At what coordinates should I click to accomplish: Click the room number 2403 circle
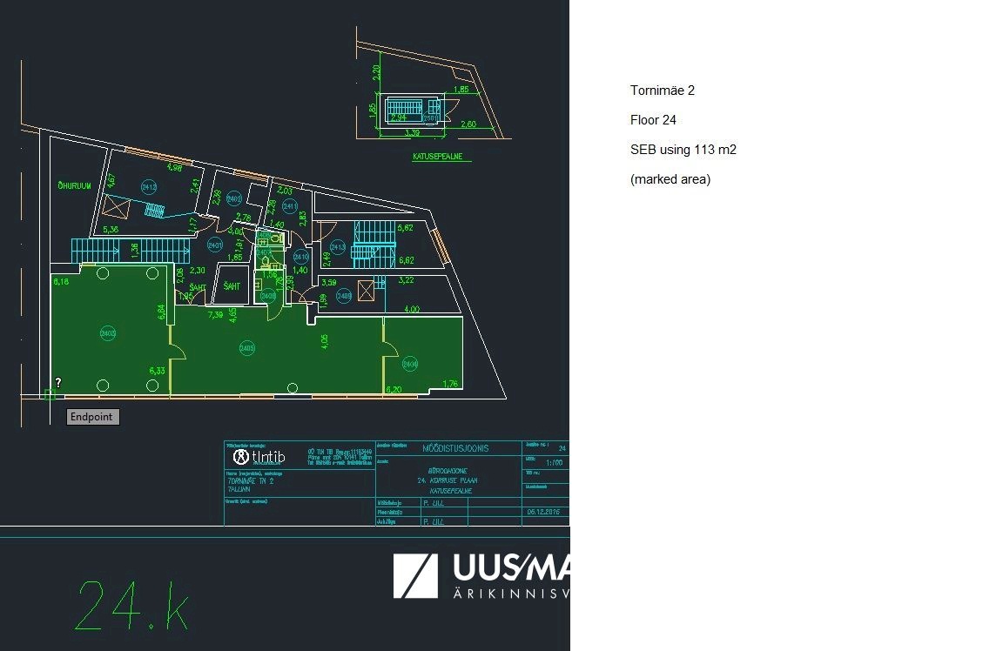pos(108,332)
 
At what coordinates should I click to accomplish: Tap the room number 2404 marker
pos(410,365)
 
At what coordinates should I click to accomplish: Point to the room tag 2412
pos(149,187)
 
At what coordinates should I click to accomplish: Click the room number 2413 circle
pos(339,248)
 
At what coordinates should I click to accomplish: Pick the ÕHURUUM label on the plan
pos(74,185)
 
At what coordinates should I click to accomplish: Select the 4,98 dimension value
pos(173,167)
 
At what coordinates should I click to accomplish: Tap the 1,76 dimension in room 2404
pos(450,384)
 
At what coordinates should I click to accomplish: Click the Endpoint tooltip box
pos(93,417)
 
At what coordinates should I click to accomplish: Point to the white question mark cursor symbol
pos(58,382)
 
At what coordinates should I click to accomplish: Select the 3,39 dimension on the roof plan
pos(413,133)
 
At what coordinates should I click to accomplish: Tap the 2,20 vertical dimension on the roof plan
pos(376,74)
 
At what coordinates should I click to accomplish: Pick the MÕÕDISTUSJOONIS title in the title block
pos(454,449)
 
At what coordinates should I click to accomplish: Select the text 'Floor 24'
pos(653,120)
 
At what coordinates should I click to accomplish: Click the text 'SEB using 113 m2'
pos(683,150)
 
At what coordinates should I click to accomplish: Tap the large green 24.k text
pos(133,605)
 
